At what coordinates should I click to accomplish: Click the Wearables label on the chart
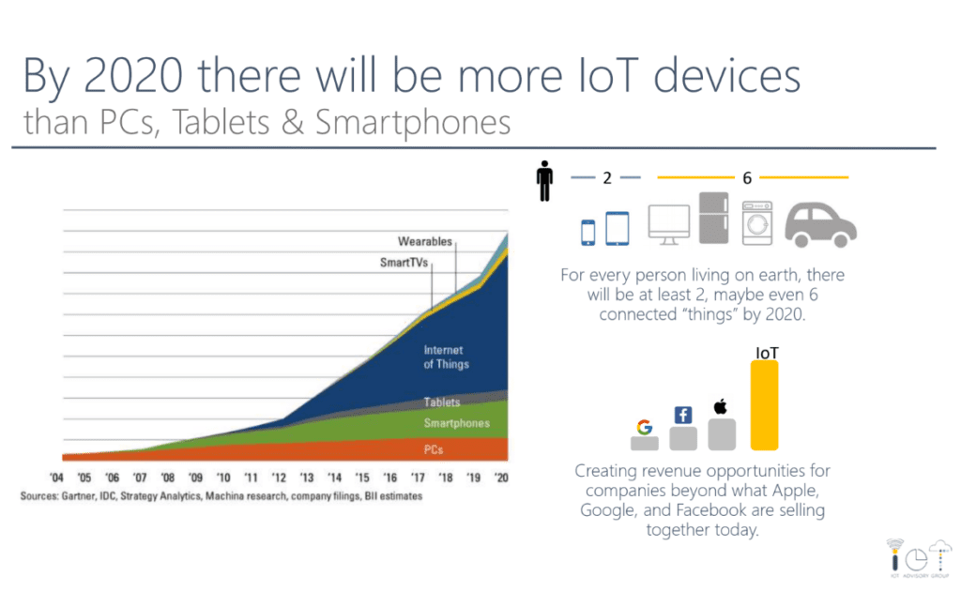[424, 242]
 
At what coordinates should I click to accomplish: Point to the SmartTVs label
[404, 264]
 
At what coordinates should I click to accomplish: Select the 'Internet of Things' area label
[445, 357]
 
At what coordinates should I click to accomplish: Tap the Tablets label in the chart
[442, 402]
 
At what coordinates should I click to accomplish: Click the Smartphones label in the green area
[456, 424]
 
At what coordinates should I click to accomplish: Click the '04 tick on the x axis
[57, 477]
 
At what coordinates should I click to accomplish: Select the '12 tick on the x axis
[281, 477]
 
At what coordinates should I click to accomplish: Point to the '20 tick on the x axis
[503, 477]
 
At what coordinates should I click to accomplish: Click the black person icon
[544, 181]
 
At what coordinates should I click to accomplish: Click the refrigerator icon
[713, 218]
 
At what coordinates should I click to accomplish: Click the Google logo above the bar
[644, 427]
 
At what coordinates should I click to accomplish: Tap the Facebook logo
[682, 415]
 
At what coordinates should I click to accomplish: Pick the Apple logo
[721, 406]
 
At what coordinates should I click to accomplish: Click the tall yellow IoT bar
[764, 406]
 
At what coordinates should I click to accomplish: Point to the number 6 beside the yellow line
[747, 178]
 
